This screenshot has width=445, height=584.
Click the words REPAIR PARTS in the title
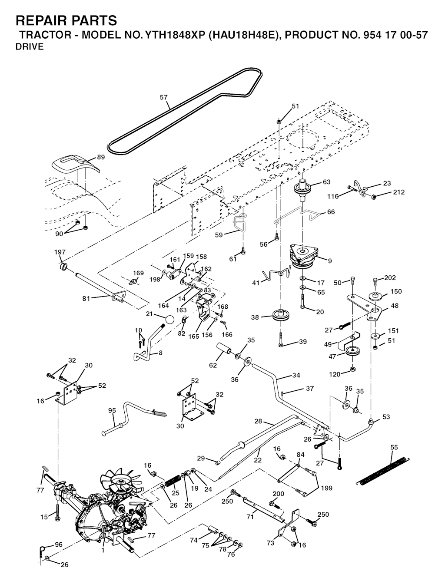tap(66, 20)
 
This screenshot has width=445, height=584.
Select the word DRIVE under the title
tap(30, 47)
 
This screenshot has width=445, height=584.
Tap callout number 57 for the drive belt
tap(163, 98)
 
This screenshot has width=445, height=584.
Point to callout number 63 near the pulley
tap(327, 182)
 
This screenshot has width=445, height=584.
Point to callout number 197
tap(60, 252)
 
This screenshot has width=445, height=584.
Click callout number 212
tap(399, 192)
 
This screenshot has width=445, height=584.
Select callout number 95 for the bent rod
tap(112, 410)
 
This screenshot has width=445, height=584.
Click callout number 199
tap(327, 488)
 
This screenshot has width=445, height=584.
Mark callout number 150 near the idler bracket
tap(396, 291)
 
